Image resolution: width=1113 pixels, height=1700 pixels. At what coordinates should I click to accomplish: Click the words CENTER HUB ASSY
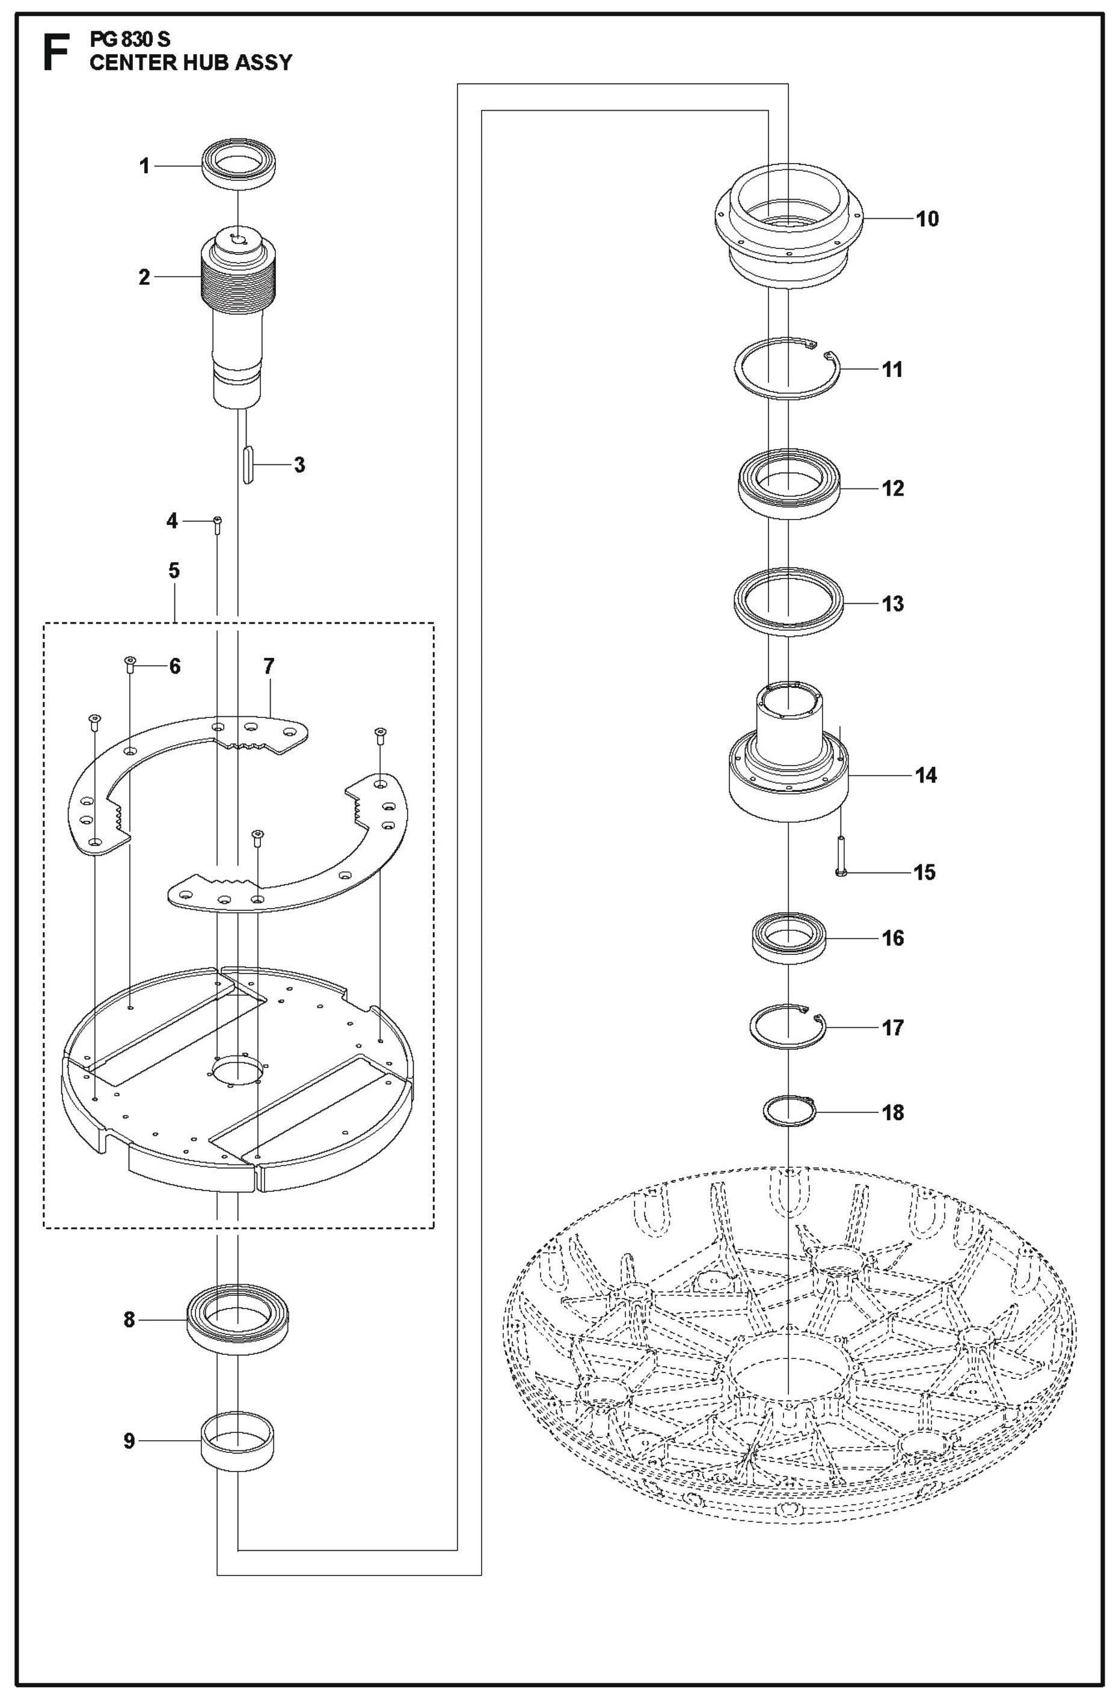pos(191,63)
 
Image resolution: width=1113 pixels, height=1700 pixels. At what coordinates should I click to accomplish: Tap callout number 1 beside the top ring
pos(145,167)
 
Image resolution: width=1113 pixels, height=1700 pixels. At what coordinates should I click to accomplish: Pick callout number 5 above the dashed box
pos(174,571)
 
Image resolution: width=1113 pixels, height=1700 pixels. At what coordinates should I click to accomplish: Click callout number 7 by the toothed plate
pos(268,666)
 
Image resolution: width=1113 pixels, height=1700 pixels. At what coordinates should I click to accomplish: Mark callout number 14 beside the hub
pos(926,775)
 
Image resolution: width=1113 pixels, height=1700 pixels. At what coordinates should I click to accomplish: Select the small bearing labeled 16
pos(789,938)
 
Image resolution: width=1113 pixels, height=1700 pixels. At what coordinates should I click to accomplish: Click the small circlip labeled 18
pos(787,1112)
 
